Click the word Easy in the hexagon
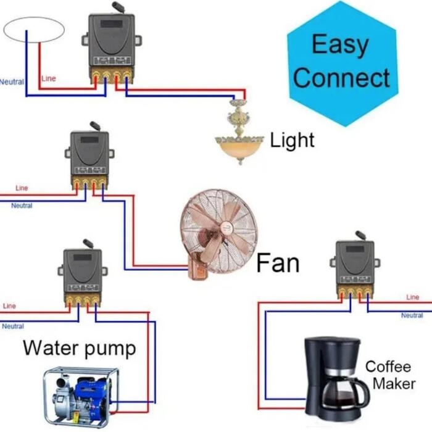click(x=341, y=45)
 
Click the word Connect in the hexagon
click(x=341, y=78)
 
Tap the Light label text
click(x=293, y=140)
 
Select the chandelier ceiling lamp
click(x=238, y=133)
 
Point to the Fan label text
click(x=278, y=264)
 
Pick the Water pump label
click(x=79, y=348)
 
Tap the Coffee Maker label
click(x=388, y=375)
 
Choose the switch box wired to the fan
click(x=89, y=154)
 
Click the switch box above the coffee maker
click(x=355, y=265)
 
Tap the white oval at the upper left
click(x=34, y=30)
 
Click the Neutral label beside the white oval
click(x=11, y=81)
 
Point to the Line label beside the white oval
click(x=49, y=79)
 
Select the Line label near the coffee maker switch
click(x=412, y=297)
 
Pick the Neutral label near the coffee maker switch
click(x=412, y=315)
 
